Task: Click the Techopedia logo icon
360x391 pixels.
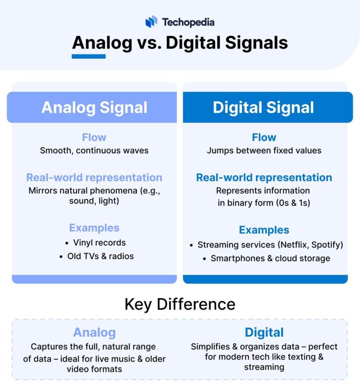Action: [x=151, y=22]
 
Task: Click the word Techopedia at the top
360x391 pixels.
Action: [x=188, y=22]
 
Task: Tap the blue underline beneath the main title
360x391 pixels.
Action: [x=89, y=56]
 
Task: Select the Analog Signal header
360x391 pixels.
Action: [x=94, y=107]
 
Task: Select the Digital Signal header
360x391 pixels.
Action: [x=263, y=107]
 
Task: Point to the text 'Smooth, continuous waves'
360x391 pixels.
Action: [x=94, y=150]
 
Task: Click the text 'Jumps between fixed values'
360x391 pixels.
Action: [x=264, y=150]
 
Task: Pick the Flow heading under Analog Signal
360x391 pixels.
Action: [x=94, y=137]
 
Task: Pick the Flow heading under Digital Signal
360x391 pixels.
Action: [x=264, y=137]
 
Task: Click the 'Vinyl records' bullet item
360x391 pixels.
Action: [x=99, y=243]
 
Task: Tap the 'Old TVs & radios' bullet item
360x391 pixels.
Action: [x=99, y=256]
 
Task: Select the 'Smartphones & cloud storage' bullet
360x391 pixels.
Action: [x=270, y=258]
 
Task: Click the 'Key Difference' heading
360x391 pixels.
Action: [x=180, y=304]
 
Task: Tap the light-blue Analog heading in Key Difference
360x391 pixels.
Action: [x=94, y=332]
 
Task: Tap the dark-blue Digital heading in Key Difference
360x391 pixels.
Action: [x=264, y=332]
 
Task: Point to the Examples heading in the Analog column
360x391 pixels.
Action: [x=94, y=228]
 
